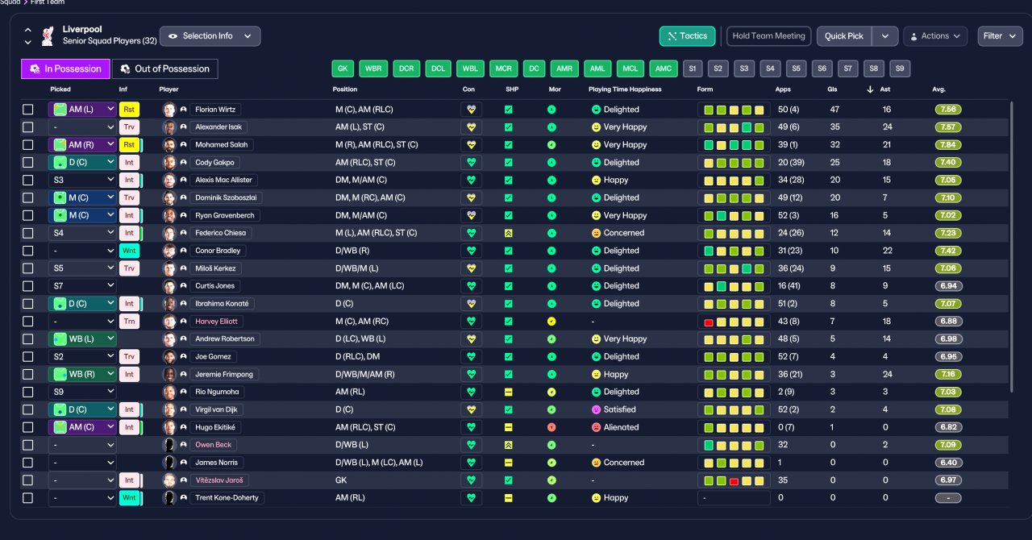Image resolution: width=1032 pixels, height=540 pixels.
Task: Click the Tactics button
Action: click(x=688, y=36)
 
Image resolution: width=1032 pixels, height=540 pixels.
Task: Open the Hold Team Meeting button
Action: click(x=768, y=36)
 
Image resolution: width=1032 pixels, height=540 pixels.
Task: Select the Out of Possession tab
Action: click(x=165, y=69)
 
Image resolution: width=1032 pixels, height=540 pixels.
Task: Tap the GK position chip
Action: click(x=343, y=69)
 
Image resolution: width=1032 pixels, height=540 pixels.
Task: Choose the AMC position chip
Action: click(x=663, y=69)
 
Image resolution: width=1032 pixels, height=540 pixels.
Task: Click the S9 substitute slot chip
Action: click(x=899, y=69)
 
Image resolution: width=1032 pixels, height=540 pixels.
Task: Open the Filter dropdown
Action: click(x=1000, y=36)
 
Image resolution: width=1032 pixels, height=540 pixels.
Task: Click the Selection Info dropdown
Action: click(x=210, y=36)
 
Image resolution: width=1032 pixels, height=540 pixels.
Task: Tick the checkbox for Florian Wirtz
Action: click(x=28, y=110)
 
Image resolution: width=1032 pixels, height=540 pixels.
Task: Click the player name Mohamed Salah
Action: click(x=221, y=145)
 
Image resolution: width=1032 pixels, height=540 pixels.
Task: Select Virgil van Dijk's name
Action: click(x=216, y=409)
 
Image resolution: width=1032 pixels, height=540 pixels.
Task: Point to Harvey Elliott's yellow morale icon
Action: click(x=551, y=322)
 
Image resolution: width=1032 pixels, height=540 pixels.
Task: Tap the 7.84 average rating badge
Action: click(x=948, y=145)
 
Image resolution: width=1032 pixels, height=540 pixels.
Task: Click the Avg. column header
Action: click(x=938, y=89)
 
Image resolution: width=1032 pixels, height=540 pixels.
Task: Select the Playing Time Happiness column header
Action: click(x=625, y=89)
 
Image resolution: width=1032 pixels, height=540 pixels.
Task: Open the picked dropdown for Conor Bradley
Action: click(x=82, y=251)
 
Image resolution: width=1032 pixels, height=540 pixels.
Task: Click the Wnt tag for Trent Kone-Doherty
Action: click(x=129, y=497)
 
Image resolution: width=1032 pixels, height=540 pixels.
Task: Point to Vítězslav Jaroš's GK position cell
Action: click(x=341, y=480)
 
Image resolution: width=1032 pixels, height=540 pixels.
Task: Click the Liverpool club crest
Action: click(x=48, y=36)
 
